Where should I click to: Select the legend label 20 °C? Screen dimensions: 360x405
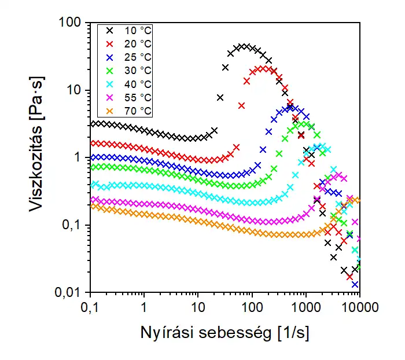pyautogui.click(x=138, y=44)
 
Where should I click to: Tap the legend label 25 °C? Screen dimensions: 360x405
pyautogui.click(x=138, y=57)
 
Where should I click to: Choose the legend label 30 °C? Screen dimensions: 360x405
pyautogui.click(x=138, y=71)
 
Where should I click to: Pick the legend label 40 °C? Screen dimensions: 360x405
pyautogui.click(x=138, y=84)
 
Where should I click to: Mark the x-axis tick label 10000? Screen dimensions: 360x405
pyautogui.click(x=359, y=306)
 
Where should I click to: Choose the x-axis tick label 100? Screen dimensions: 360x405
pyautogui.click(x=252, y=306)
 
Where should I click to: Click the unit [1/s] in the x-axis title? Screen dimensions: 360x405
pyautogui.click(x=293, y=333)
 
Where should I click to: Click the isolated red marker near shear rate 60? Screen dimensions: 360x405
pyautogui.click(x=241, y=105)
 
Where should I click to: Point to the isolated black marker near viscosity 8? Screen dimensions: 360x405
pyautogui.click(x=220, y=97)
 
